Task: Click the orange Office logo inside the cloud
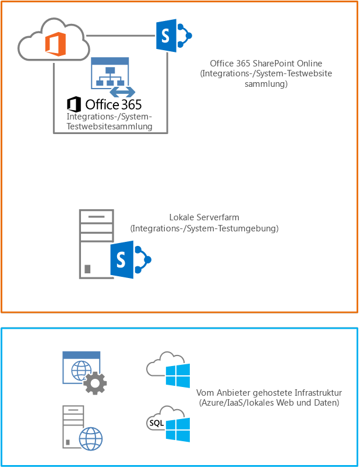click(56, 43)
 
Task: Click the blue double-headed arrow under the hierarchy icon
click(123, 92)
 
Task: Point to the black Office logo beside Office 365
click(74, 105)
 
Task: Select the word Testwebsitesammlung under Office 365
click(109, 126)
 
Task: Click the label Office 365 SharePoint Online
click(266, 64)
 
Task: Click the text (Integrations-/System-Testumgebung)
click(204, 228)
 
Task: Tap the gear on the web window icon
click(94, 383)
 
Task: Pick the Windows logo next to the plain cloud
click(178, 375)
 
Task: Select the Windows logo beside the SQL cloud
click(178, 429)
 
